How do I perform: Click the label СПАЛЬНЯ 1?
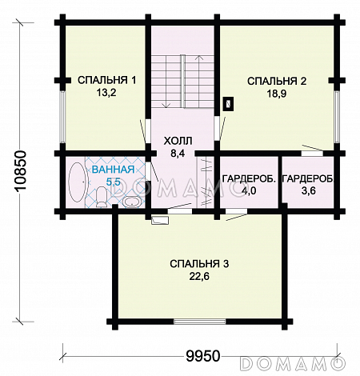click(107, 80)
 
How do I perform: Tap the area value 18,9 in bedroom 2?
click(277, 94)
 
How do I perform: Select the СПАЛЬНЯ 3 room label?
click(199, 264)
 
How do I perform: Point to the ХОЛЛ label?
click(178, 141)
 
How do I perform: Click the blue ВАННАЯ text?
click(113, 170)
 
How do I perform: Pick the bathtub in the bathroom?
click(78, 181)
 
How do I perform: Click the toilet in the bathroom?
click(101, 197)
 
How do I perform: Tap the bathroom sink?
click(131, 202)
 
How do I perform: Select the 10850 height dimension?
click(20, 171)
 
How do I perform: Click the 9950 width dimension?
click(203, 356)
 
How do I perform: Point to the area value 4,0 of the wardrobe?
click(249, 191)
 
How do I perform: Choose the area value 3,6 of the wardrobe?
click(309, 190)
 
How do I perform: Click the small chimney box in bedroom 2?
click(228, 103)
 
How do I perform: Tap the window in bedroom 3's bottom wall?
click(199, 322)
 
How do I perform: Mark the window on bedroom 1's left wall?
click(62, 117)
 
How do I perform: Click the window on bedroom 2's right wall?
click(338, 117)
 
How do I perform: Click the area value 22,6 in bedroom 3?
click(199, 277)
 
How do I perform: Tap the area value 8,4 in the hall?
click(178, 154)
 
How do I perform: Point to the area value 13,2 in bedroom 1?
click(106, 93)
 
